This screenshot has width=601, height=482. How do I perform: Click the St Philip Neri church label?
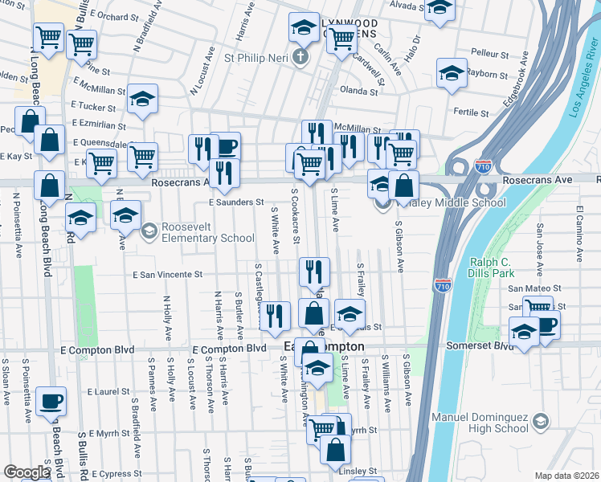click(256, 58)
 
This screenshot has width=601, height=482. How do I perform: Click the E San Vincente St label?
click(167, 275)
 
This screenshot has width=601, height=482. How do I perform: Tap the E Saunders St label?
click(236, 202)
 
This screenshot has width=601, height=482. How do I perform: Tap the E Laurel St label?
click(108, 392)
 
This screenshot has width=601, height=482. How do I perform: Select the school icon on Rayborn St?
click(452, 72)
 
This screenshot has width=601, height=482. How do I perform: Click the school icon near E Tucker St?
click(142, 99)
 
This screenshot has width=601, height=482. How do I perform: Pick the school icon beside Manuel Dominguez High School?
click(540, 421)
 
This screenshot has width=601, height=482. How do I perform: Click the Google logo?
click(27, 472)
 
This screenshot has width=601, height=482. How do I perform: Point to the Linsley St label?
click(361, 471)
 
